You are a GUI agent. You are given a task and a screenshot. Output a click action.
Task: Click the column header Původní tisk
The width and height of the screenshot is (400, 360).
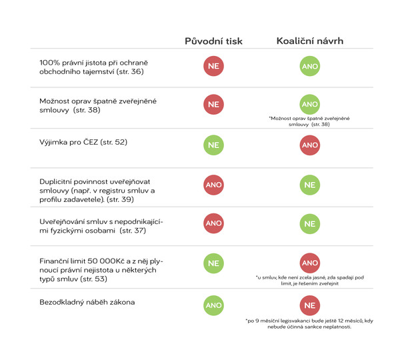coord(213,41)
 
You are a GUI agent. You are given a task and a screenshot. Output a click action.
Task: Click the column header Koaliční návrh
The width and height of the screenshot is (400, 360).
coord(310,41)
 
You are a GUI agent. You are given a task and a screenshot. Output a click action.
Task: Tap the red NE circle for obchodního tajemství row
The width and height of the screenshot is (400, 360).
coord(213,67)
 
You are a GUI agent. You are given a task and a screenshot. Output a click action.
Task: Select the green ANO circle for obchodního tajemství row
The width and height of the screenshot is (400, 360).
coord(310,67)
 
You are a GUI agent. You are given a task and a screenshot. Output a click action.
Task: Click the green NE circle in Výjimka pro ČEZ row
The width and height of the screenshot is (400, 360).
coord(213,144)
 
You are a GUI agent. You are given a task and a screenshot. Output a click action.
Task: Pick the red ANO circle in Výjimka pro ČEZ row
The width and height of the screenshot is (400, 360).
coord(310,144)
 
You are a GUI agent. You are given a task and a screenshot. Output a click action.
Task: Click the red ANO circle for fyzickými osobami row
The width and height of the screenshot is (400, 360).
coord(213,224)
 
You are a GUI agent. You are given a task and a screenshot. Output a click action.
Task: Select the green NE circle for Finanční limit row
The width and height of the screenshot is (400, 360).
coord(213,263)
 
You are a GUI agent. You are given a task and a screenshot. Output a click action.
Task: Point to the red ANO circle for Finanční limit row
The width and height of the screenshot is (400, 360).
coord(310,263)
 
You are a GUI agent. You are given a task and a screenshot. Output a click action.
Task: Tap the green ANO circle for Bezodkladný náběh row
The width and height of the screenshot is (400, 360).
coord(213,305)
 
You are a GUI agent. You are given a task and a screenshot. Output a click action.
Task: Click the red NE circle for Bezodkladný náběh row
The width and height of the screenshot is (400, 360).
coord(310,306)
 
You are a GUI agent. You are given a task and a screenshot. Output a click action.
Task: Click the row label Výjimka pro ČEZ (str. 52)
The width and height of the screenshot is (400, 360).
coord(83,142)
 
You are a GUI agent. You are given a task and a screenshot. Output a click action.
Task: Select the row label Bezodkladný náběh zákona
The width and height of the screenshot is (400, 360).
coord(87,302)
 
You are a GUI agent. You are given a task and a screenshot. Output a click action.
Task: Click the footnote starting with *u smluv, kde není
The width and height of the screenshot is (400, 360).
coord(309,281)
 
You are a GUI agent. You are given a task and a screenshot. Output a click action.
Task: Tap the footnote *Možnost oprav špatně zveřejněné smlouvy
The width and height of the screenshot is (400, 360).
coord(309,121)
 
